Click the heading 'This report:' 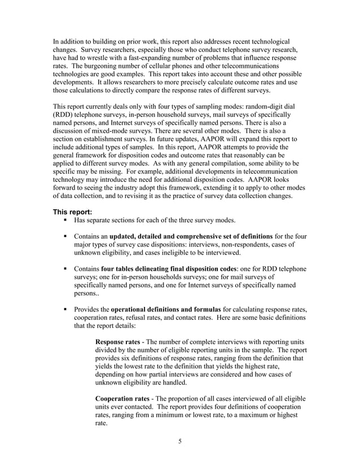(73, 212)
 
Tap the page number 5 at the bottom (179, 441)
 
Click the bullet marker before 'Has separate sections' (65, 221)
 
